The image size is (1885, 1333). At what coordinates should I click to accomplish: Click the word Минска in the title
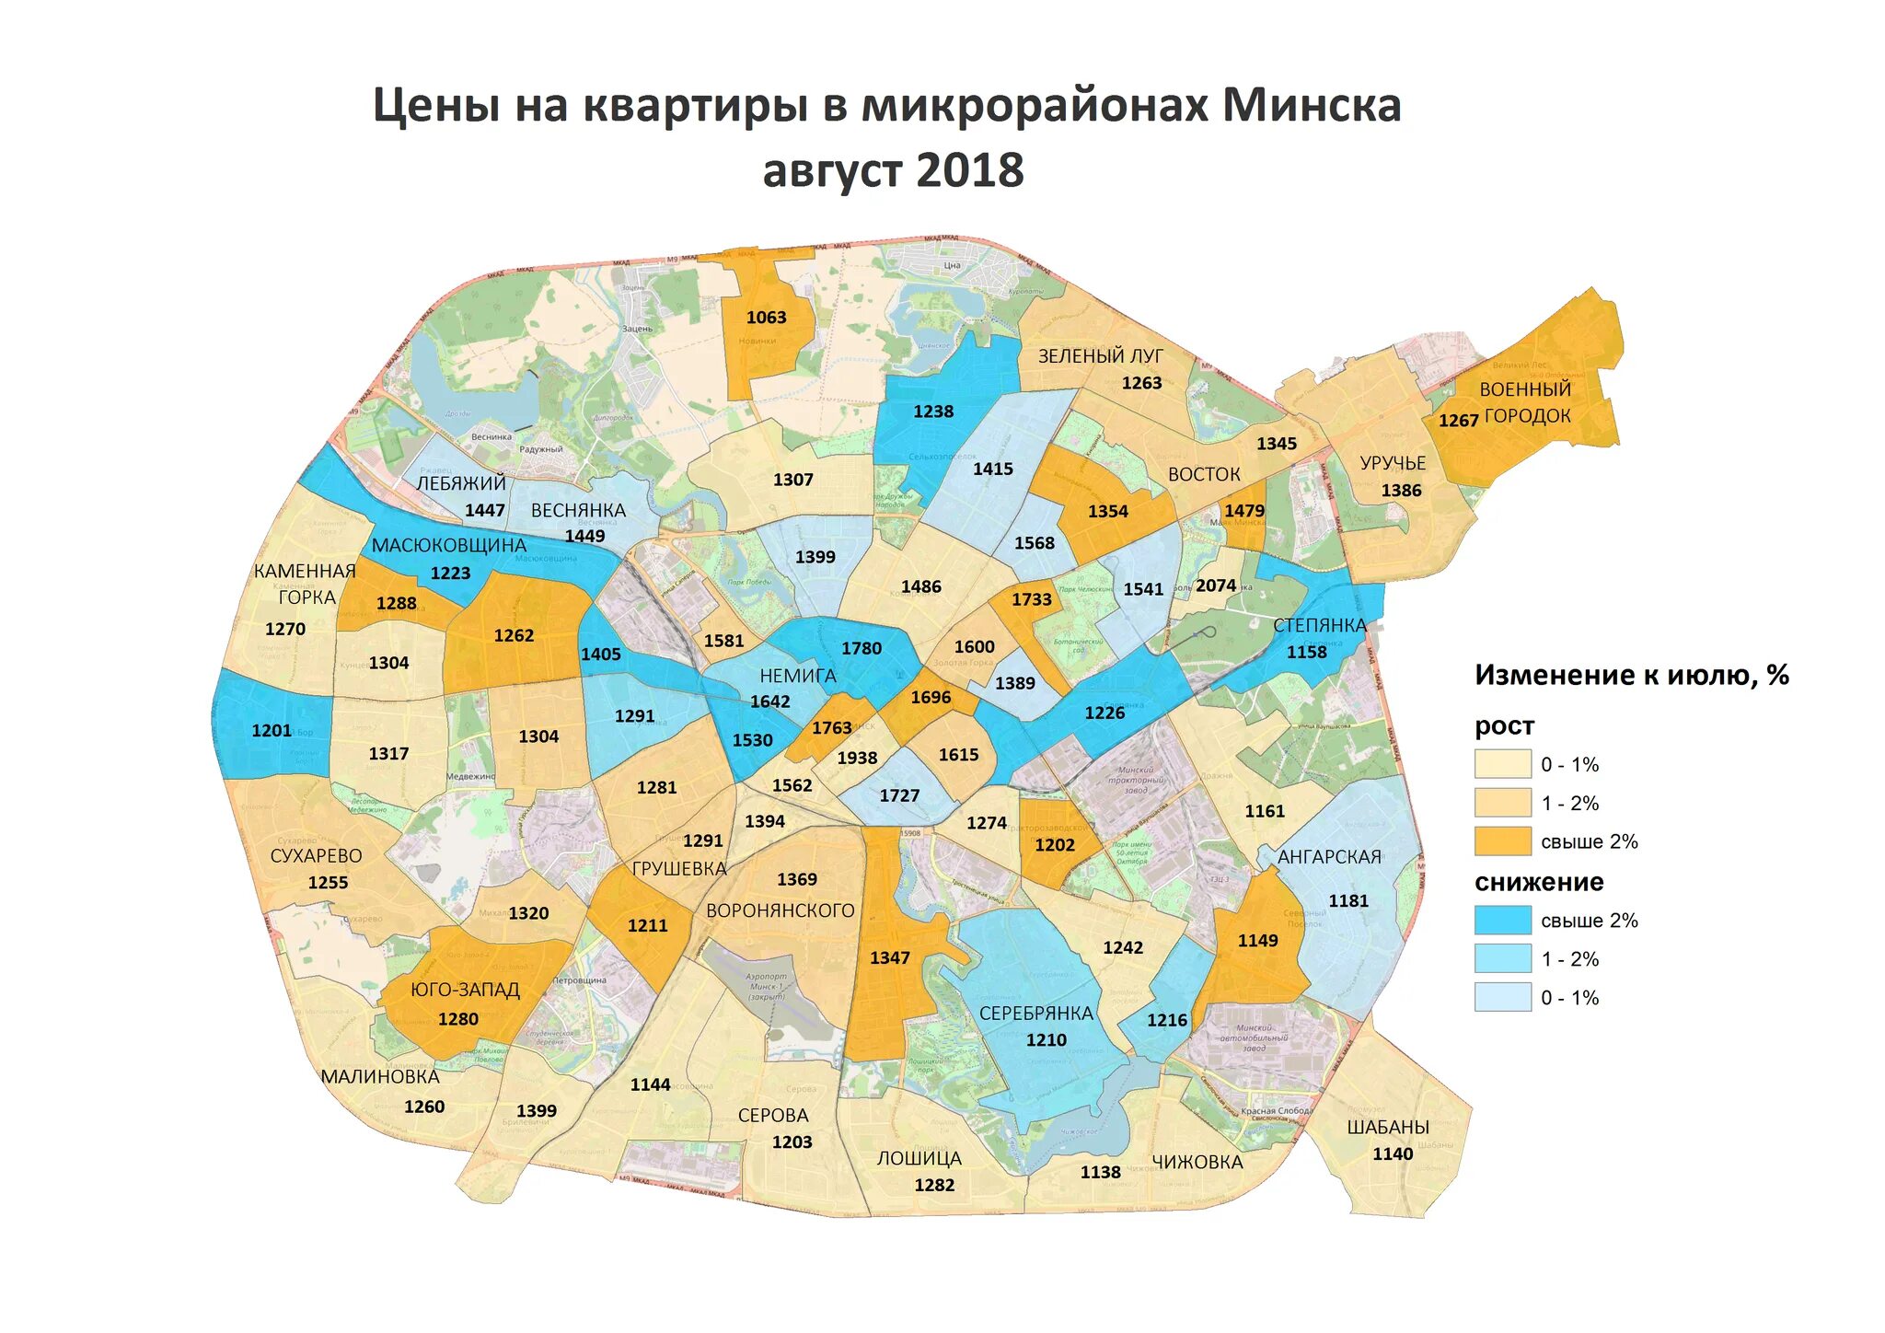tap(1311, 106)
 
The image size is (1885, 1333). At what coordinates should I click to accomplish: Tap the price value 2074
tap(1216, 585)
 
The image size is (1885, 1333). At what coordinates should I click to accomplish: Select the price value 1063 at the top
tap(766, 318)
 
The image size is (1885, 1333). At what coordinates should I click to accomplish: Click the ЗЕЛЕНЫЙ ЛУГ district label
tap(1101, 356)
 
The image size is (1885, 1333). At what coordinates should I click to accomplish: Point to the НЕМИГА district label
tap(797, 676)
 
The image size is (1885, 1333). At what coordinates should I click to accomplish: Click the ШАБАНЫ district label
tap(1387, 1128)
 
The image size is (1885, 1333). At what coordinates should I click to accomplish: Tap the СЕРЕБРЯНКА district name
tap(1035, 1014)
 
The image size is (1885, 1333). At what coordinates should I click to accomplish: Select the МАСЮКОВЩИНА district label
tap(448, 545)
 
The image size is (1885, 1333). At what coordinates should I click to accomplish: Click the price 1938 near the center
tap(857, 759)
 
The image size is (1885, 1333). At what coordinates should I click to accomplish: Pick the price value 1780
tap(862, 649)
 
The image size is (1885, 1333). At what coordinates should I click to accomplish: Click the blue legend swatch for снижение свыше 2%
tap(1502, 921)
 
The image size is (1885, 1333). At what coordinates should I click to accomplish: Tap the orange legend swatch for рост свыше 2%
tap(1502, 841)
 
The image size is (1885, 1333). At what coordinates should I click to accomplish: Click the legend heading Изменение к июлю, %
tap(1631, 676)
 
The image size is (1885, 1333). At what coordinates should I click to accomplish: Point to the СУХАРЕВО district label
tap(316, 856)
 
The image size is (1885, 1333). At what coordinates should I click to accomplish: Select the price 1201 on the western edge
tap(272, 731)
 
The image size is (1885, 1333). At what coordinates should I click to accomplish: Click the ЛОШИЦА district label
tap(919, 1159)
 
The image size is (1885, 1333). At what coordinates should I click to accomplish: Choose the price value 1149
tap(1257, 941)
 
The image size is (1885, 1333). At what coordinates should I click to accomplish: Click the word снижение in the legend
tap(1539, 883)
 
